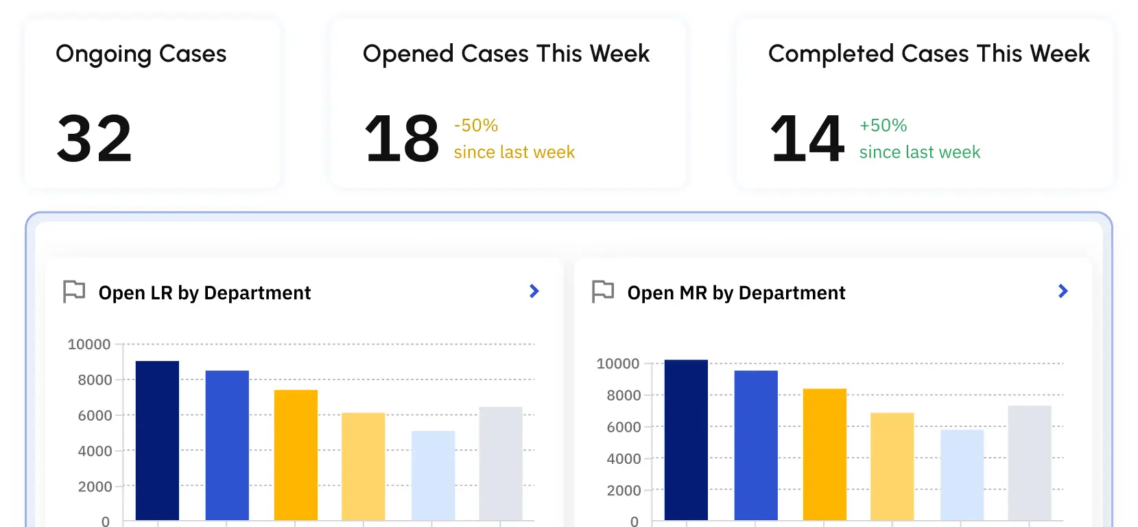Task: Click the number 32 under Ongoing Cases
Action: pyautogui.click(x=94, y=139)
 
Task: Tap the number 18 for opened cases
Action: pyautogui.click(x=402, y=139)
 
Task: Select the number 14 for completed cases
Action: pyautogui.click(x=807, y=139)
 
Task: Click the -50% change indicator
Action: pyautogui.click(x=476, y=126)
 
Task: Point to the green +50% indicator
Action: pyautogui.click(x=884, y=126)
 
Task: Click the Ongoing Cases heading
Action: pyautogui.click(x=141, y=54)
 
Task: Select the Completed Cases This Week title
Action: pyautogui.click(x=929, y=54)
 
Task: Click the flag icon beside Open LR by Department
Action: pyautogui.click(x=74, y=292)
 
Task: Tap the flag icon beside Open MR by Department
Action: pyautogui.click(x=603, y=292)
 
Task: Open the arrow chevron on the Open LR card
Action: pyautogui.click(x=534, y=292)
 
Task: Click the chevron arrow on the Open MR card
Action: pyautogui.click(x=1063, y=292)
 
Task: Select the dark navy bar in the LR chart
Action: pyautogui.click(x=157, y=440)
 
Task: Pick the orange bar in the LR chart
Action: pyautogui.click(x=296, y=454)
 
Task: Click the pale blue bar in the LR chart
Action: pyautogui.click(x=433, y=475)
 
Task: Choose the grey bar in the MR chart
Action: pyautogui.click(x=1030, y=462)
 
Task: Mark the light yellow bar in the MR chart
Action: pyautogui.click(x=892, y=466)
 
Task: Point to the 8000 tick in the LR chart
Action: pyautogui.click(x=95, y=380)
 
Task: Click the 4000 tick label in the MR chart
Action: pyautogui.click(x=624, y=459)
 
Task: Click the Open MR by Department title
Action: pyautogui.click(x=736, y=293)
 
